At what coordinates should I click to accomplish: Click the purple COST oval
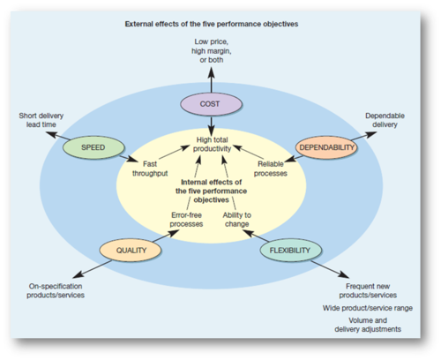click(211, 104)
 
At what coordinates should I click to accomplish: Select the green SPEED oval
click(93, 147)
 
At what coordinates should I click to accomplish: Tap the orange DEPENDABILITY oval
click(326, 147)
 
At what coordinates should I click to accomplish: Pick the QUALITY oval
click(131, 251)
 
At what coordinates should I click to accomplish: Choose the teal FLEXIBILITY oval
click(291, 251)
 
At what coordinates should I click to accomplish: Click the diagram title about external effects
click(212, 24)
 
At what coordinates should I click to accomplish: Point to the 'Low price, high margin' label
click(212, 51)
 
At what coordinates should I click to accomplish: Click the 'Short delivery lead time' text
click(41, 120)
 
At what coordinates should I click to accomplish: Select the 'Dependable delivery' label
click(385, 120)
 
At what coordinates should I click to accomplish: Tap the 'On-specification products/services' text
click(56, 290)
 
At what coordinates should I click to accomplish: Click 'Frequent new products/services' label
click(368, 290)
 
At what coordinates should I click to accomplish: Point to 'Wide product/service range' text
click(368, 308)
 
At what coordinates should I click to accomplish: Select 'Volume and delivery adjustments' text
click(368, 325)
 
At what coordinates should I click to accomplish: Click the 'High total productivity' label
click(212, 144)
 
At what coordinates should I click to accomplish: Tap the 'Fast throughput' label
click(150, 169)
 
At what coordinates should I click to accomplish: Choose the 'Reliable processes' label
click(271, 169)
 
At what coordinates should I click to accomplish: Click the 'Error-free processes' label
click(186, 220)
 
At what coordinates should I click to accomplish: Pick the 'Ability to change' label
click(237, 220)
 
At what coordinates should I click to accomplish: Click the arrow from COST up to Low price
click(211, 80)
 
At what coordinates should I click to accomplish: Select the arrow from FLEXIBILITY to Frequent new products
click(330, 269)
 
